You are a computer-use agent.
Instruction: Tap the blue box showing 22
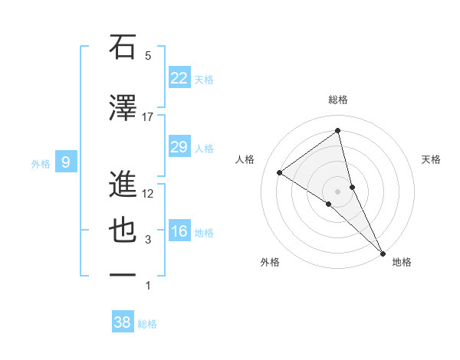[179, 78]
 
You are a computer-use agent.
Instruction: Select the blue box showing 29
[179, 147]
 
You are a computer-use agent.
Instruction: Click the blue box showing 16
[179, 231]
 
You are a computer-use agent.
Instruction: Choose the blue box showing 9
[67, 162]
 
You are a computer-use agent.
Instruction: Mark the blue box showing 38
[123, 322]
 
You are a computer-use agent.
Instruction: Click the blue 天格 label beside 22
[204, 80]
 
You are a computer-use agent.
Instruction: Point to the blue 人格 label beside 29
[204, 149]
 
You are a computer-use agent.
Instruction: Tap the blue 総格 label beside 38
[147, 324]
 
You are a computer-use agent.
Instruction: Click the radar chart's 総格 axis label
[338, 100]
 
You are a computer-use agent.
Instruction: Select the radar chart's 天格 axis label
[432, 159]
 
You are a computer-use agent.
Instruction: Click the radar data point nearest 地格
[383, 252]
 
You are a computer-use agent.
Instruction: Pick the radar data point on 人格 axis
[279, 173]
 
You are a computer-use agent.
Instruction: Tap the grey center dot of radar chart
[338, 190]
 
